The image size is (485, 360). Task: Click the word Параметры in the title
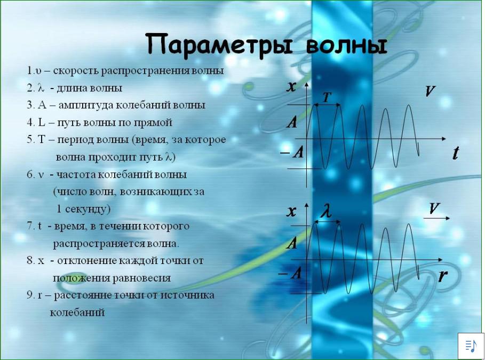(x=219, y=45)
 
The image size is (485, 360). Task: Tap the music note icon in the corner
(x=471, y=346)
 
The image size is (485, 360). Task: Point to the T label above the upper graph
(x=327, y=98)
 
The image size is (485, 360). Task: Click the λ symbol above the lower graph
(x=325, y=211)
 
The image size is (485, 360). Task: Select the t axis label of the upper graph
(x=455, y=153)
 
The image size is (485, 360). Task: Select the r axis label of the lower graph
(x=443, y=275)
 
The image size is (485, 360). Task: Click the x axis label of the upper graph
(x=291, y=86)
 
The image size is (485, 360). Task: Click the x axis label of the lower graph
(x=291, y=212)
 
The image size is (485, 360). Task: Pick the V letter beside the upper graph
(x=430, y=91)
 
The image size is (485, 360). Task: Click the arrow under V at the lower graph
(x=436, y=218)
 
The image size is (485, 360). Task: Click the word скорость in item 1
(x=76, y=71)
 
